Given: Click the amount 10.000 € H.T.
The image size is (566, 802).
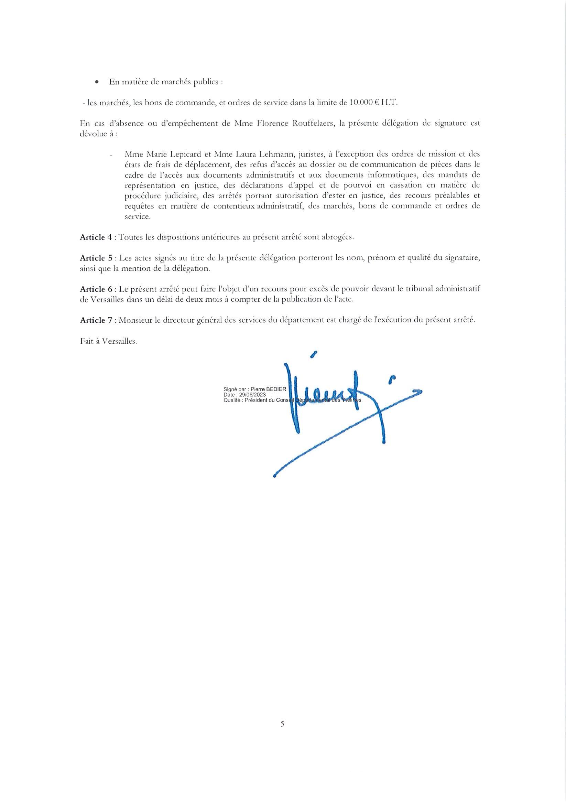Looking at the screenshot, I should (x=373, y=103).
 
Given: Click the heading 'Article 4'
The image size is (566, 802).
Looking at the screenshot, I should (x=96, y=237).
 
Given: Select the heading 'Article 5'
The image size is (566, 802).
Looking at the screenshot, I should (x=96, y=258).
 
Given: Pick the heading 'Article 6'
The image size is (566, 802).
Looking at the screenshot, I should (x=96, y=289).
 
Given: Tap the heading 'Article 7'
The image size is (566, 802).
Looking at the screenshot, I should (x=96, y=320).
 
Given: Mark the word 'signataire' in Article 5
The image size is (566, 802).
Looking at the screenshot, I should (x=458, y=258).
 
